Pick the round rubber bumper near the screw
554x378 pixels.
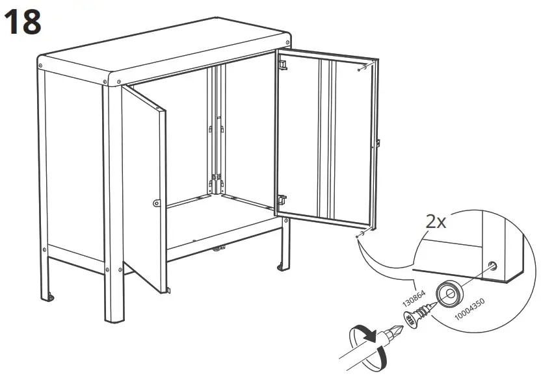tap(448, 293)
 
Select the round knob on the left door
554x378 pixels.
tap(157, 203)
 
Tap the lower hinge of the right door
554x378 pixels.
tap(283, 201)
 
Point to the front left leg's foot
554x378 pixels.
tap(116, 319)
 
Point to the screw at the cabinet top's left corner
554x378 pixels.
tap(42, 65)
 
